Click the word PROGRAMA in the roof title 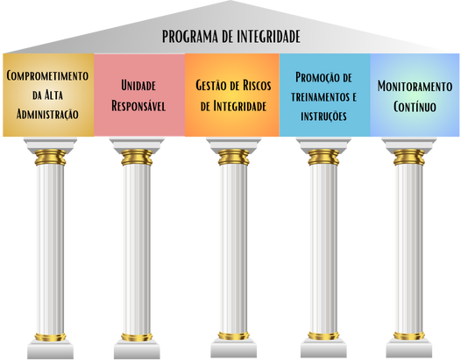pos(190,37)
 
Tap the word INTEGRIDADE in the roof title pos(268,37)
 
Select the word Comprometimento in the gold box pos(47,76)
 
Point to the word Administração pos(47,115)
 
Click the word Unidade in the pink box pos(138,86)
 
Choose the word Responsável pos(138,106)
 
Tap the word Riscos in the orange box pos(257,86)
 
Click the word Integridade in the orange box pos(240,106)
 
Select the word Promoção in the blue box pos(315,78)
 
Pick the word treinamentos pos(320,97)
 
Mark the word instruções pos(323,116)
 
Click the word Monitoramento pos(415,87)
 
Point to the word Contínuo pos(415,106)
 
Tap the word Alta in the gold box pos(53,95)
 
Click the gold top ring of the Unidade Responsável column pos(137,157)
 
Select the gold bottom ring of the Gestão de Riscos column pos(234,335)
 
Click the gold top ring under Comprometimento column pos(50,157)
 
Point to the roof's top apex pos(230,1)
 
